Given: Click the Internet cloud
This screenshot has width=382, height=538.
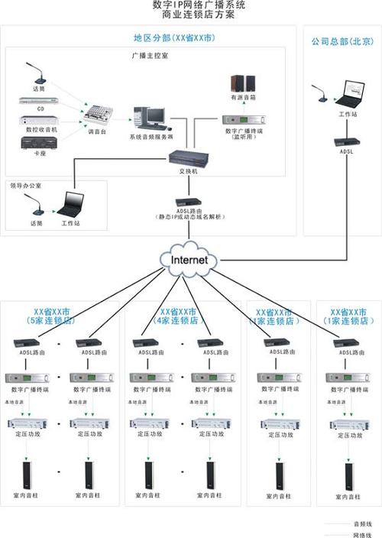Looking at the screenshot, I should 187,260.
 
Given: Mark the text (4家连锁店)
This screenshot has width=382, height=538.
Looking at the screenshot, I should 177,321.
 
